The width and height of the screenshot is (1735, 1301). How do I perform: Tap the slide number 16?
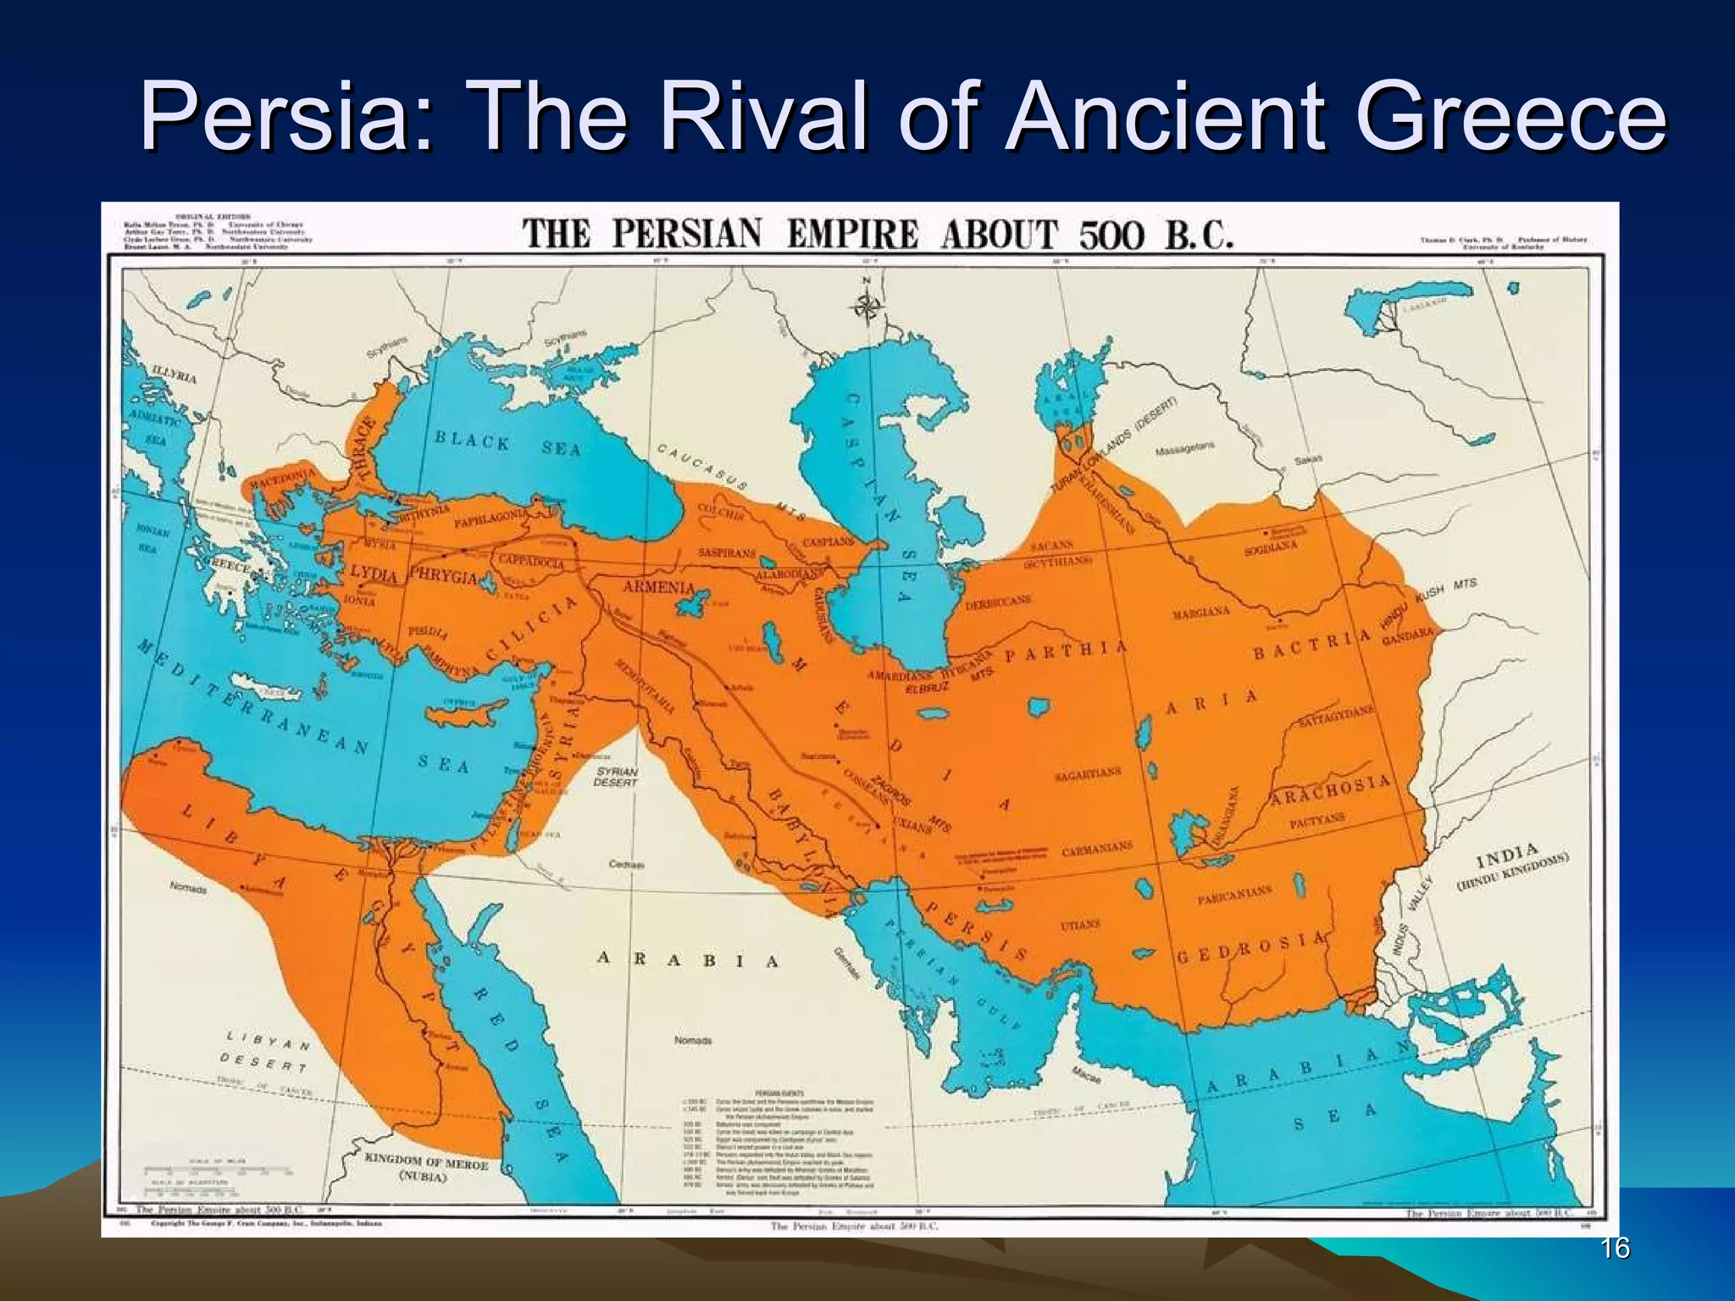tap(1616, 1248)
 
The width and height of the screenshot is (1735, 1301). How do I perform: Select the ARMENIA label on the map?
tap(658, 587)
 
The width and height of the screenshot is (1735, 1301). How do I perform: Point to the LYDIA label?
tap(374, 574)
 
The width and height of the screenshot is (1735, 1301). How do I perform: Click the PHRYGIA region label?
tap(444, 575)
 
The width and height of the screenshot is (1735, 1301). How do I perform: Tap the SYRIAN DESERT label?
tap(616, 777)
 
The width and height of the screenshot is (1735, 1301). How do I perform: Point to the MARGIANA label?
tap(1201, 613)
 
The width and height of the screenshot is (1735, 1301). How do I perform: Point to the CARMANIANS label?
tap(1097, 848)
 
